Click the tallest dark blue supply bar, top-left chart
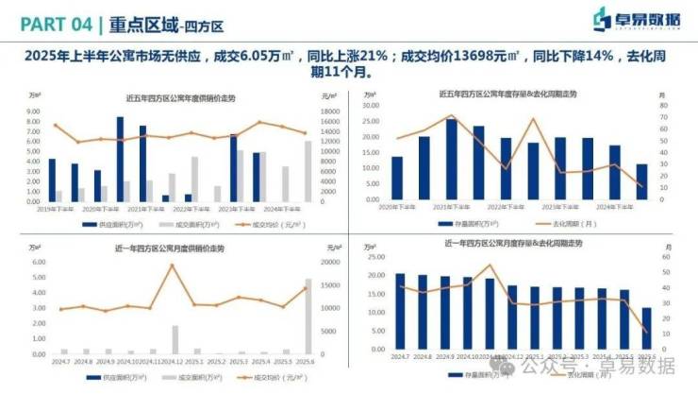pos(120,159)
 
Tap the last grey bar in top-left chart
pos(307,171)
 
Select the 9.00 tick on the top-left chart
pos(33,111)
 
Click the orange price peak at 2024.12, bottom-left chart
pos(172,266)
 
